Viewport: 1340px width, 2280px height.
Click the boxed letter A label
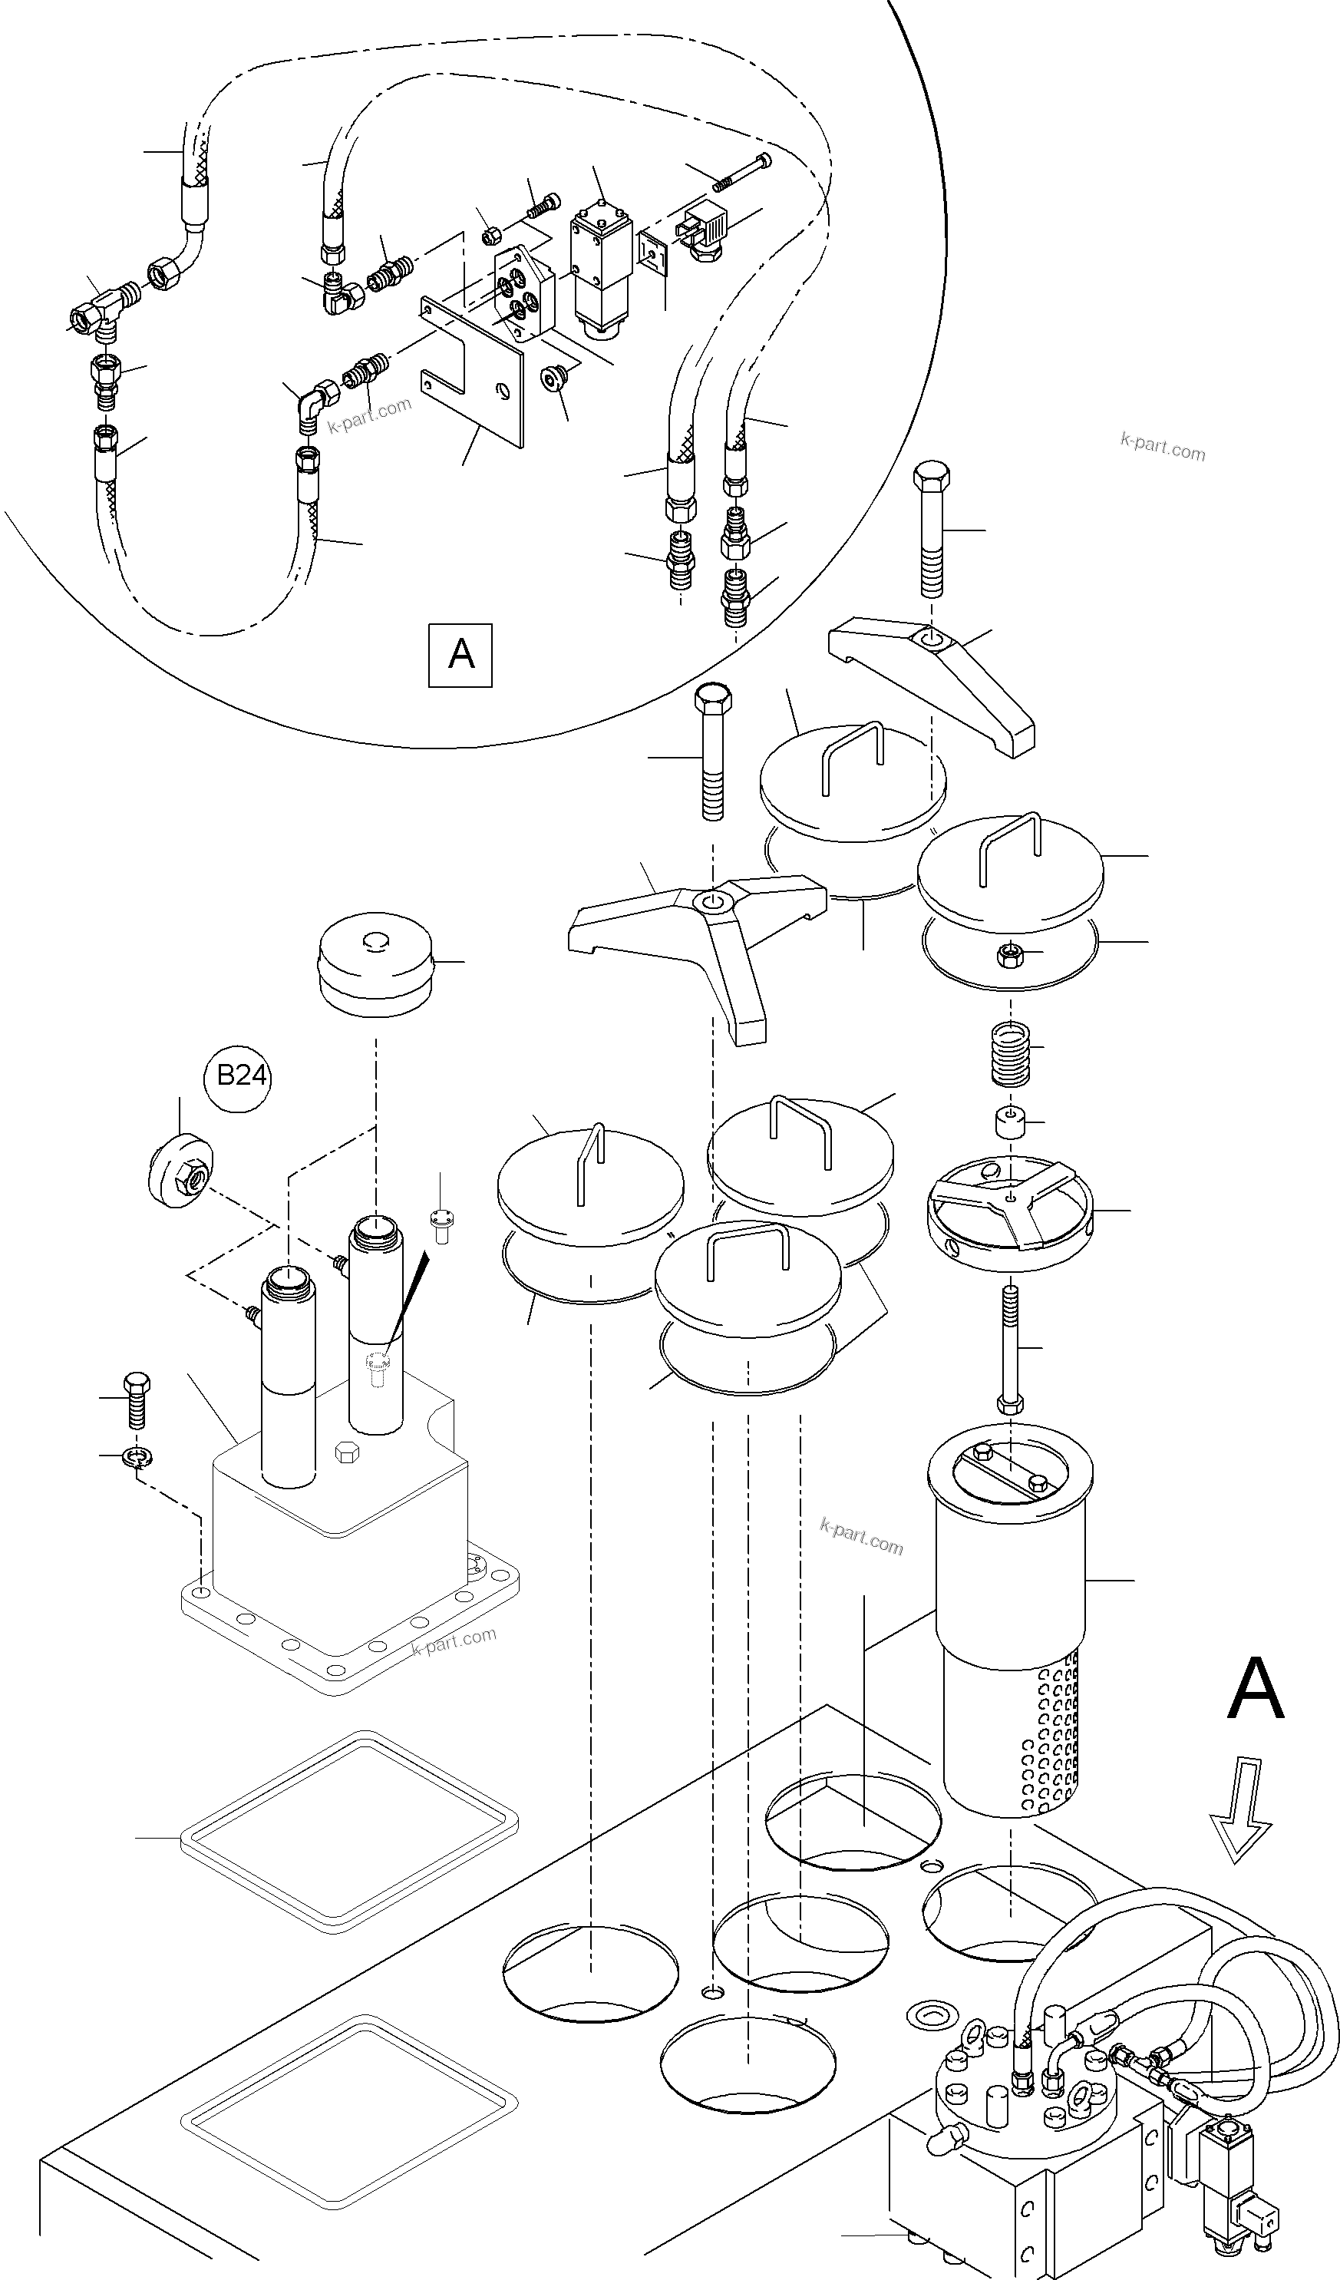pos(460,654)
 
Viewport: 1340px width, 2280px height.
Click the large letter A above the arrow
pos(1255,1689)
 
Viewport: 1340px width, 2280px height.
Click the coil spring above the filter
pos(1010,1053)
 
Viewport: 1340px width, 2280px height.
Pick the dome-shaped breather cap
pos(375,963)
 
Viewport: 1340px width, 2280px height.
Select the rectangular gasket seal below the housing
pos(348,1832)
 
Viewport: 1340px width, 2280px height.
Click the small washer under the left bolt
pos(137,1457)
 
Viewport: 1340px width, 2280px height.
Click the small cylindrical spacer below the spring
pos(1010,1124)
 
